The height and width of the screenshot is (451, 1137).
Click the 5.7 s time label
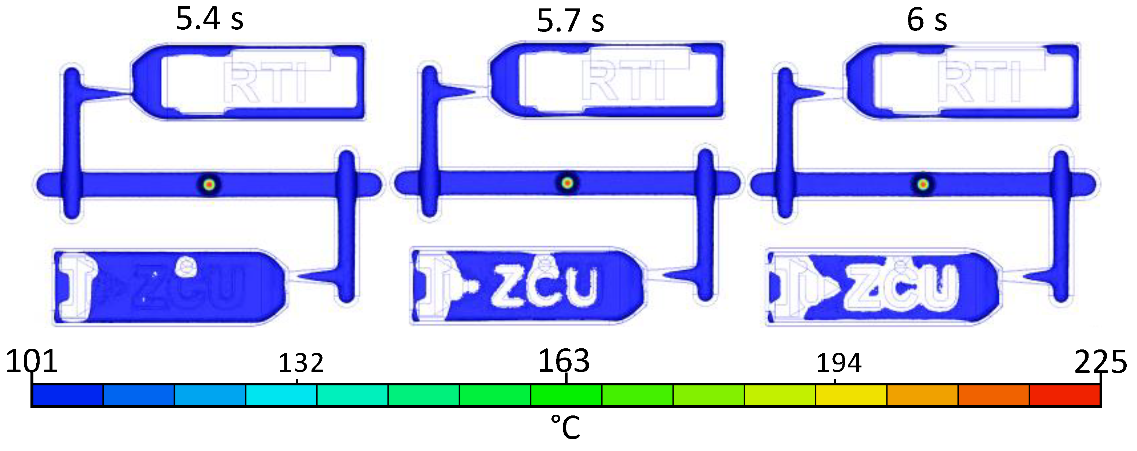tap(570, 21)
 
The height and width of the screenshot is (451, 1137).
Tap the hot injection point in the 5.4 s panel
tap(209, 184)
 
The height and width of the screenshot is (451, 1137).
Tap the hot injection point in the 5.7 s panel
tap(568, 183)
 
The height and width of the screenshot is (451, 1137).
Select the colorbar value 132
tap(300, 363)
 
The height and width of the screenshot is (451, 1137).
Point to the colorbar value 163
tap(564, 361)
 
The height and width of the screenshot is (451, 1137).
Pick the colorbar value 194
tap(838, 363)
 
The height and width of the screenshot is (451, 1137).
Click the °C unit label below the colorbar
tap(565, 427)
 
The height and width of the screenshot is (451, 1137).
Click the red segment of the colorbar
tap(1065, 395)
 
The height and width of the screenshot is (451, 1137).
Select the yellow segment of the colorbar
tap(850, 395)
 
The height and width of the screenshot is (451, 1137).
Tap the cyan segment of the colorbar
tap(281, 395)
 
